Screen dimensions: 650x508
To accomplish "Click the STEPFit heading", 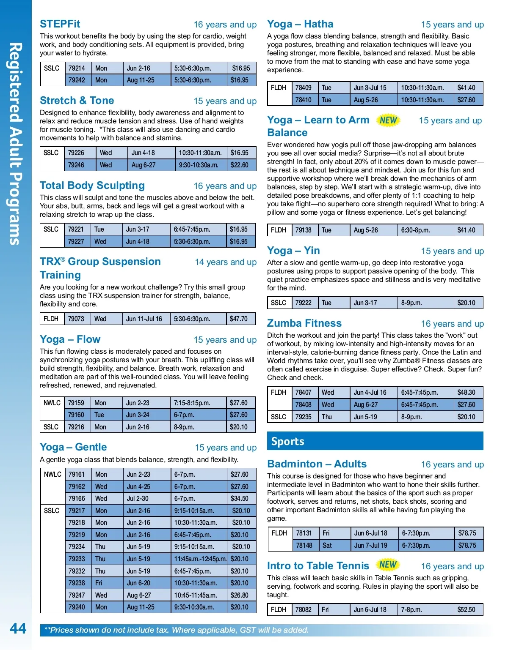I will coord(60,24).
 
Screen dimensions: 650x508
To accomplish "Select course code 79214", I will coord(77,68).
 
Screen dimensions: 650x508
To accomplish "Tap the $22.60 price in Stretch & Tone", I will coord(240,165).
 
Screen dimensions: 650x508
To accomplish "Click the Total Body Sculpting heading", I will coord(92,186).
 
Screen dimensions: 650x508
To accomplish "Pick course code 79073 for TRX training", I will coord(76,319).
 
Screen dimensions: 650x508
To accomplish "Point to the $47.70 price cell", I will coord(239,319).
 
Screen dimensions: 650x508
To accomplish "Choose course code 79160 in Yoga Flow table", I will coord(76,415).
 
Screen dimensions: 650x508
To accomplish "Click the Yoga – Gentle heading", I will coord(73,447).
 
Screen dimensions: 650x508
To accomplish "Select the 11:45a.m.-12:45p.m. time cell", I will coord(200,559).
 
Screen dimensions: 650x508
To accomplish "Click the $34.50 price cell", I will coord(240,498).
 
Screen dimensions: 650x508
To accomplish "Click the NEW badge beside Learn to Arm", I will coord(388,120).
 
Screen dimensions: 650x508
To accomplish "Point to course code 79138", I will coord(304,230).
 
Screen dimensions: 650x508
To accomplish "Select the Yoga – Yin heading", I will coord(293,251).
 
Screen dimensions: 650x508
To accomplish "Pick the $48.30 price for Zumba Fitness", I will coord(467,392).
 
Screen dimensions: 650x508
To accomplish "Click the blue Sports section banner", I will coord(375,441).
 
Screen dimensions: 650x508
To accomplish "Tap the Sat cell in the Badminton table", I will coord(327,545).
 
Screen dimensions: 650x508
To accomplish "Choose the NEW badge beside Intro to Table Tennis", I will coord(388,565).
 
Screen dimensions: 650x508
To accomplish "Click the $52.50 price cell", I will coord(467,609).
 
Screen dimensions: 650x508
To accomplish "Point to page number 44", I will coord(18,628).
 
